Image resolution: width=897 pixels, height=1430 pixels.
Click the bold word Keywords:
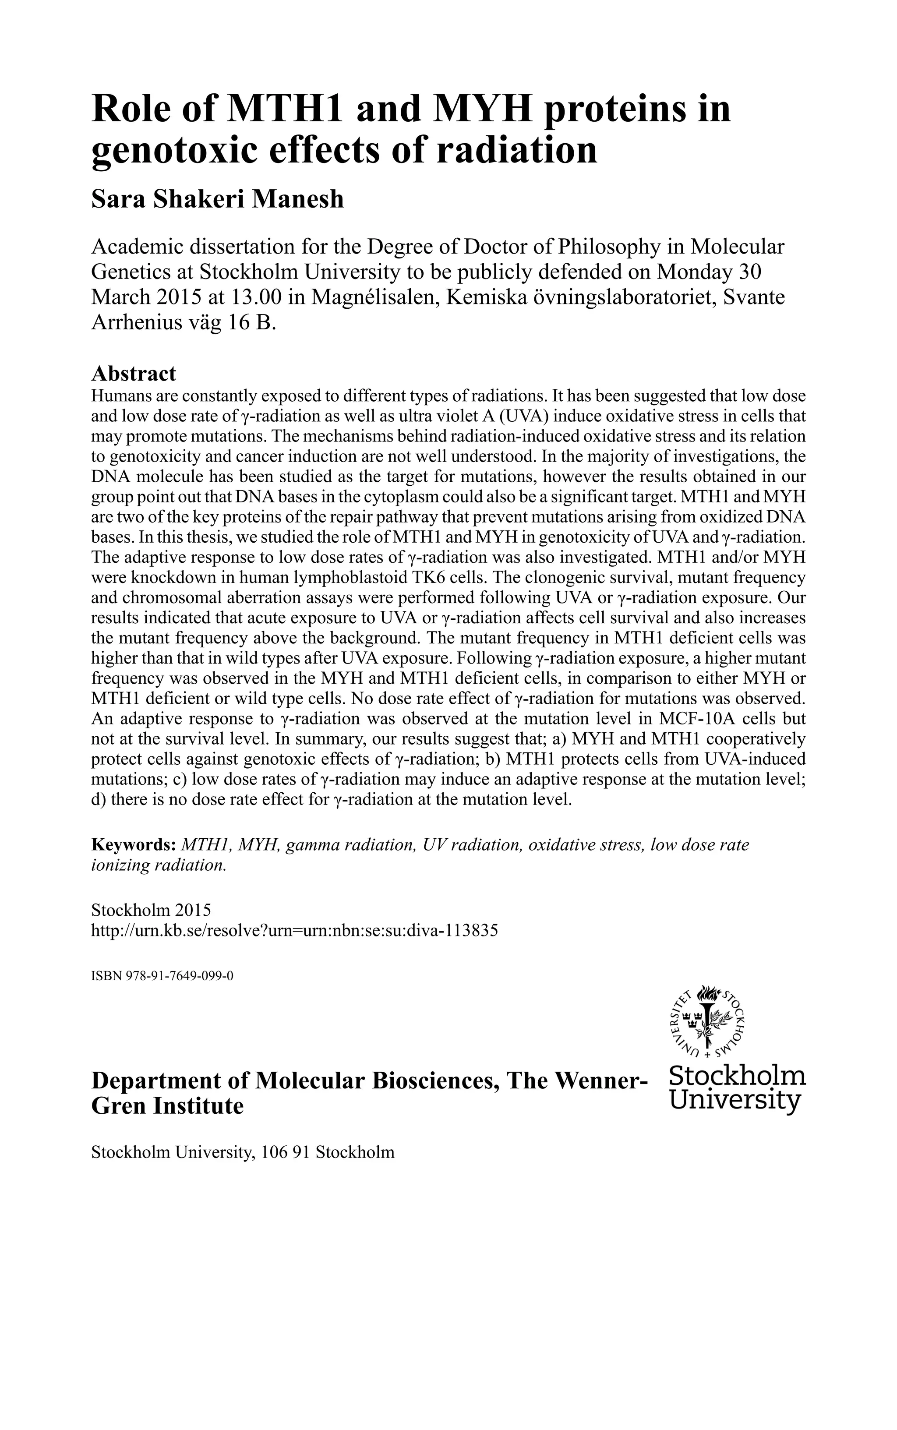134,844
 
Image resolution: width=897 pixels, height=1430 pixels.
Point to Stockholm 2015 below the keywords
151,910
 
